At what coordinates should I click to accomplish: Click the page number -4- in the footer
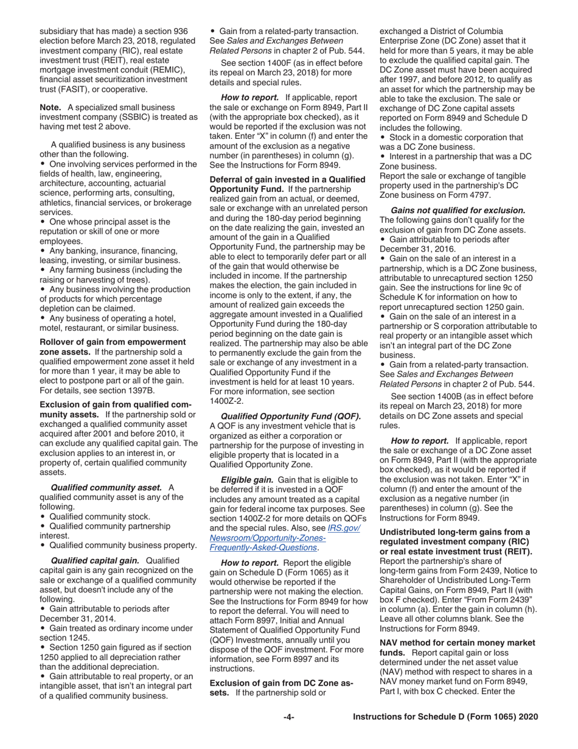[289, 717]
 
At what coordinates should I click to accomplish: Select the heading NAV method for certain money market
[457, 642]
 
